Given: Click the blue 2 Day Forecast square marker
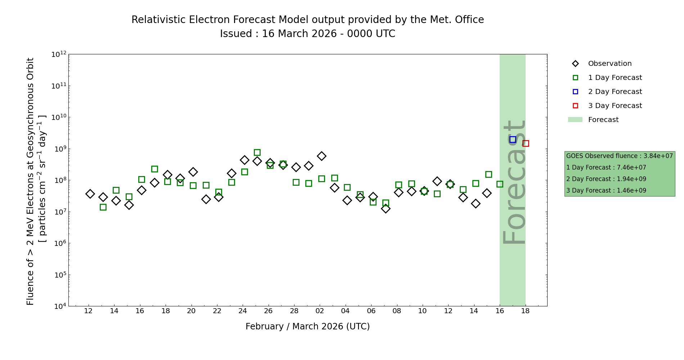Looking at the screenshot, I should (x=513, y=139).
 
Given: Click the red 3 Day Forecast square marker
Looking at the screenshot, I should (x=526, y=143).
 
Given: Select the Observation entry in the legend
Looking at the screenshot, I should (x=609, y=64).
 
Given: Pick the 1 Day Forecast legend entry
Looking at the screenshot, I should (x=615, y=78).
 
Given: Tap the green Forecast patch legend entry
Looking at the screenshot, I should (x=603, y=120).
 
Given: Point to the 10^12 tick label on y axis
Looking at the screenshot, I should (x=59, y=54).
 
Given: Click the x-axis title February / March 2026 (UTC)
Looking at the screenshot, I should (x=307, y=327).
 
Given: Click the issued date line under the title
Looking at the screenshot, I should (x=307, y=34).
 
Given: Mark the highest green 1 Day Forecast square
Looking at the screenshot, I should (x=257, y=152).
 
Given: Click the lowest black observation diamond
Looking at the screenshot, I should (x=386, y=208).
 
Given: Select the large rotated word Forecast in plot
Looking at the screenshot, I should (x=514, y=182).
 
